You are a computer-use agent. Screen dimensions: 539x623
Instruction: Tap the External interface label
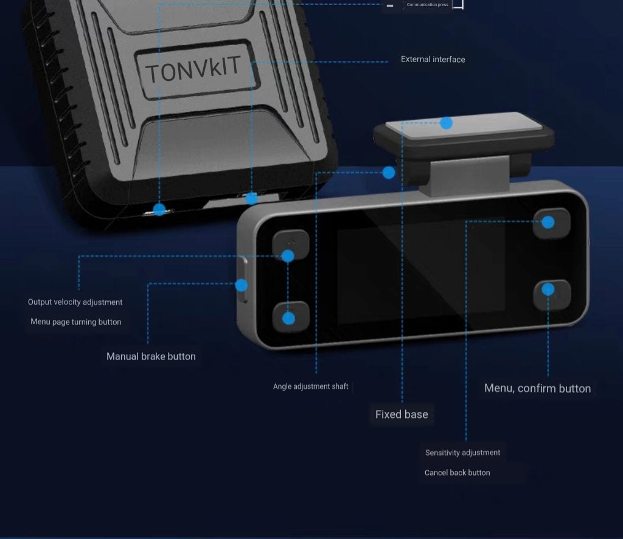point(433,60)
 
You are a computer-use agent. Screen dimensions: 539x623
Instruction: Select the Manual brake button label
point(151,356)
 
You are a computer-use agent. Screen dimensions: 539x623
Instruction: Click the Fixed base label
point(402,414)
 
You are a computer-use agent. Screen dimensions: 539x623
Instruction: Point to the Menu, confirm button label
point(537,388)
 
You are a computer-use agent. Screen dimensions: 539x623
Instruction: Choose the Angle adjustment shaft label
point(310,386)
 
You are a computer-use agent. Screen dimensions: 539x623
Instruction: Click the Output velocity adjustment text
point(75,302)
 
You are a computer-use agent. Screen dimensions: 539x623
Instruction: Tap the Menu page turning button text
point(76,322)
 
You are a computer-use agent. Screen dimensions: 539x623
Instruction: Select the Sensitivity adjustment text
point(462,453)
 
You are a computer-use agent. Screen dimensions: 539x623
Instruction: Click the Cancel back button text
point(457,473)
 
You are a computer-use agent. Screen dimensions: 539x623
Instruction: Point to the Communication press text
point(427,5)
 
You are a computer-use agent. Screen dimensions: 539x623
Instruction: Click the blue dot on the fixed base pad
point(447,123)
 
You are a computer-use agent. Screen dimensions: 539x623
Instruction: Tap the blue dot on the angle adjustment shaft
point(389,173)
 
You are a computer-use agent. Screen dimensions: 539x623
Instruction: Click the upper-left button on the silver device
point(290,244)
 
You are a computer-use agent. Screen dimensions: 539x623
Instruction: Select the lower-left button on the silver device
point(290,318)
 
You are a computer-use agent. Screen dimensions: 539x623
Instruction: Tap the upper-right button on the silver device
point(551,223)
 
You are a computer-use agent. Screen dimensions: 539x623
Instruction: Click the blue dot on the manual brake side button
point(242,285)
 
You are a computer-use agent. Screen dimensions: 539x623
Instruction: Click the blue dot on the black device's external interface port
point(251,198)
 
